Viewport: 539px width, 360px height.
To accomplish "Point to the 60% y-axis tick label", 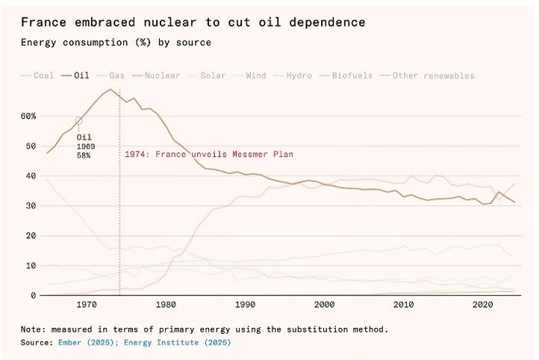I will tap(28, 117).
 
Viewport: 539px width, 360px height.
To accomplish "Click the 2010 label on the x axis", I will tap(404, 305).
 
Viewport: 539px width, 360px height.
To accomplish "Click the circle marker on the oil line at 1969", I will tap(79, 121).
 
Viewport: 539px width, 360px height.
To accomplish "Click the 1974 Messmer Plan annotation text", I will tap(209, 155).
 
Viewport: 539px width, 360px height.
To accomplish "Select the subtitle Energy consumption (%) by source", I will tap(116, 43).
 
